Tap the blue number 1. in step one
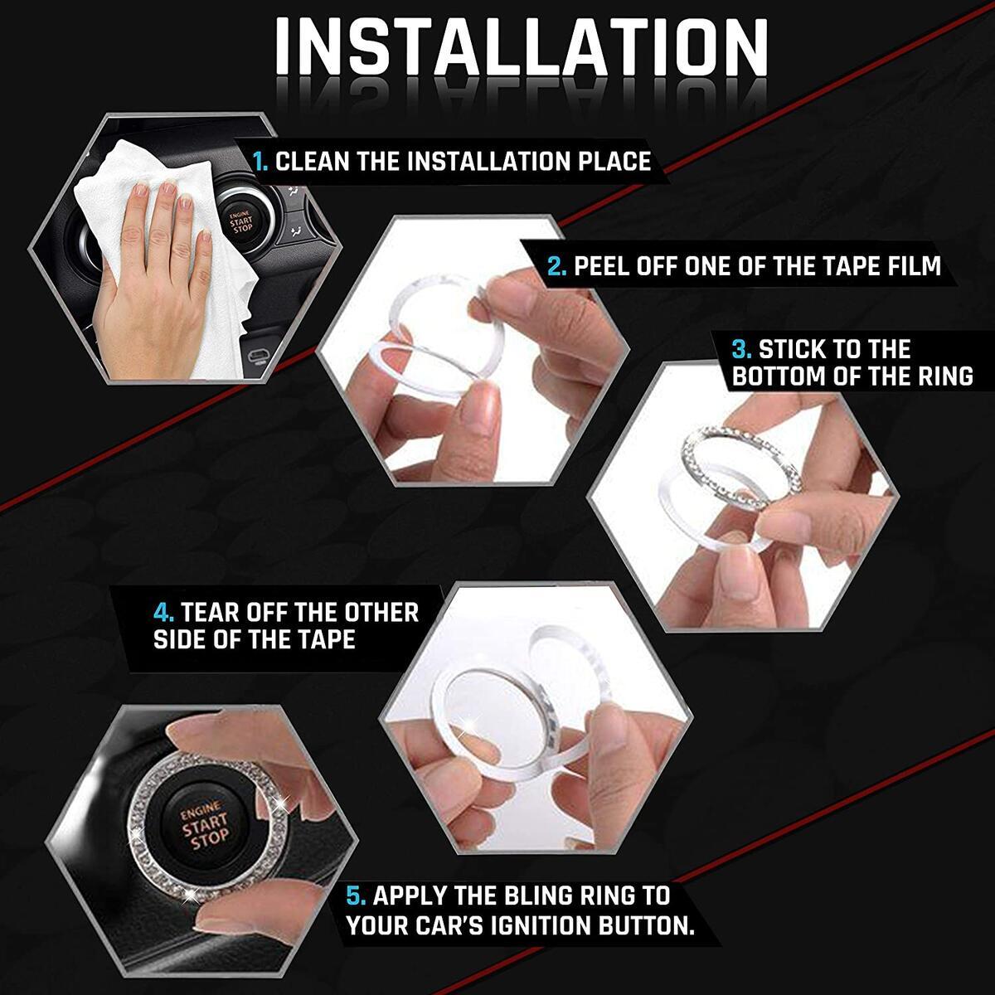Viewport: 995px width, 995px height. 260,161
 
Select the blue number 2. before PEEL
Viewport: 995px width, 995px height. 557,266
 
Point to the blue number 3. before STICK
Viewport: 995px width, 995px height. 743,349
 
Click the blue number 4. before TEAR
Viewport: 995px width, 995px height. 163,613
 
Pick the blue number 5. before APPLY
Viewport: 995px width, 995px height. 357,895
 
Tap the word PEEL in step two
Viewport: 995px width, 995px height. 603,266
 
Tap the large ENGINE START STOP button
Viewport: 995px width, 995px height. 205,825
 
